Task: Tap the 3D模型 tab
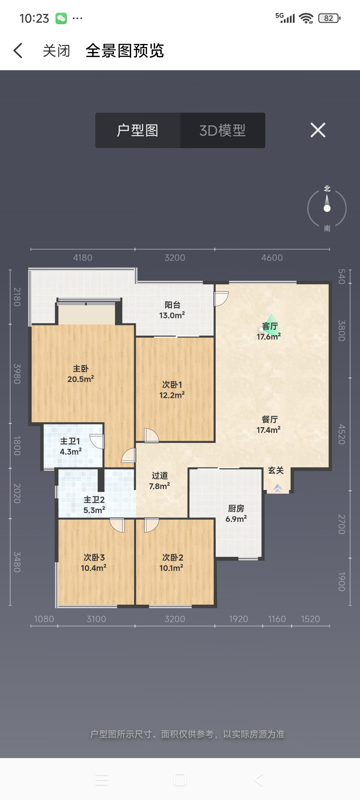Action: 222,130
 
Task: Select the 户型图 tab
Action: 138,130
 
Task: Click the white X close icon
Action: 318,130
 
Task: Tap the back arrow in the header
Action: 18,50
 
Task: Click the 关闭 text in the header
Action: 57,51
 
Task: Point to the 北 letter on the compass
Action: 327,188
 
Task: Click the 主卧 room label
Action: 81,369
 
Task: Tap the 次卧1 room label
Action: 172,385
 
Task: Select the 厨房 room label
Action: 236,508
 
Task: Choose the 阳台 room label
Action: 172,305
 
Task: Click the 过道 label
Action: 160,476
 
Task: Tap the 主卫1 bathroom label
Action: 70,441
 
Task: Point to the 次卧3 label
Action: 94,558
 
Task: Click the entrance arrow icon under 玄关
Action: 278,488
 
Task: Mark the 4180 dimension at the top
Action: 83,258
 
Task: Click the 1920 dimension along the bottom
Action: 238,619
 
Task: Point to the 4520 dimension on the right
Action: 342,434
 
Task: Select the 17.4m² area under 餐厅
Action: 268,430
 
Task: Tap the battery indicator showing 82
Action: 329,18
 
